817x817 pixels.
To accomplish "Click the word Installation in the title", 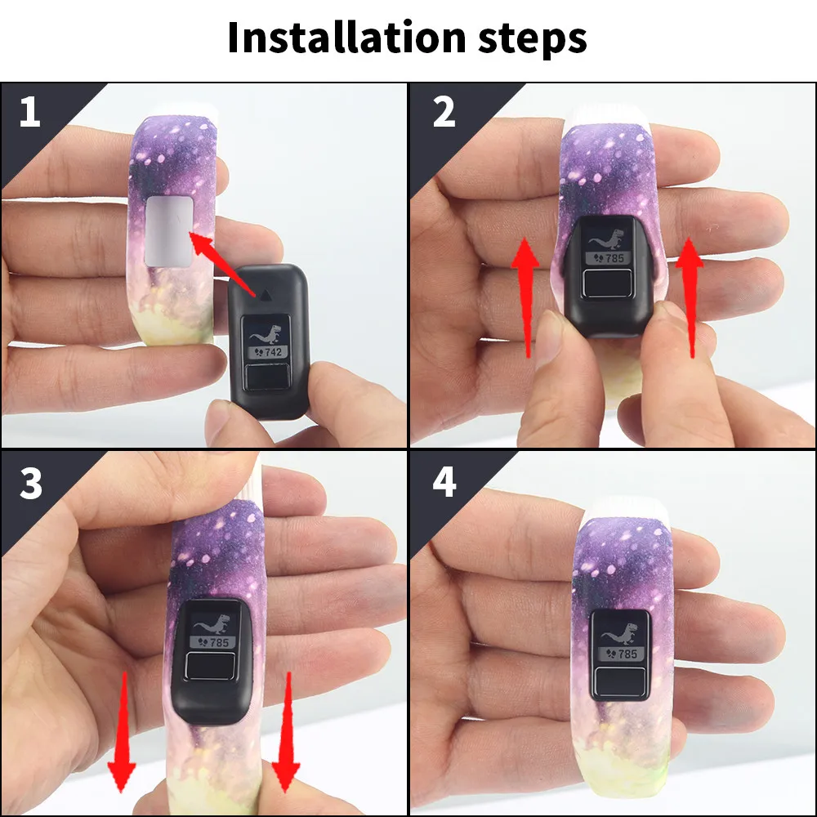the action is coord(346,38).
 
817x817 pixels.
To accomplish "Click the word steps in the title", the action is coord(533,39).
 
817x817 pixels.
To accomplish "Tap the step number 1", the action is coord(29,112).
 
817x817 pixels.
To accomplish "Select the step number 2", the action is coord(444,112).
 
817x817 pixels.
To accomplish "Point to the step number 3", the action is coord(31,484).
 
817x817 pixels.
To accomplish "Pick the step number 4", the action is coord(444,482).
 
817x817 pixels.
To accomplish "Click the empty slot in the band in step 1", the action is coord(169,231).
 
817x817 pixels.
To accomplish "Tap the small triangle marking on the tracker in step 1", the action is coord(266,296).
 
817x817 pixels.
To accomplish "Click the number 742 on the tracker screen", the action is coord(273,352).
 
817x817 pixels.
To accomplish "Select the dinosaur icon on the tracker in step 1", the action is coord(266,334).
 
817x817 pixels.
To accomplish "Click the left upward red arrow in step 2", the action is coord(525,298).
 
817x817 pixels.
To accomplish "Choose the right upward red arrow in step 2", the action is coord(690,298).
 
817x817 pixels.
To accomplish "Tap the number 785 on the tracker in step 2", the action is coord(614,258).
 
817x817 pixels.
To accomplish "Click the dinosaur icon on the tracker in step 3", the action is coord(212,624).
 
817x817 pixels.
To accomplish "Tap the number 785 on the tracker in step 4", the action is coord(627,654).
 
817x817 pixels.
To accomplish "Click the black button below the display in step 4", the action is coord(620,681).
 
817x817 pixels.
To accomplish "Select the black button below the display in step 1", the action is coord(267,377).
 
